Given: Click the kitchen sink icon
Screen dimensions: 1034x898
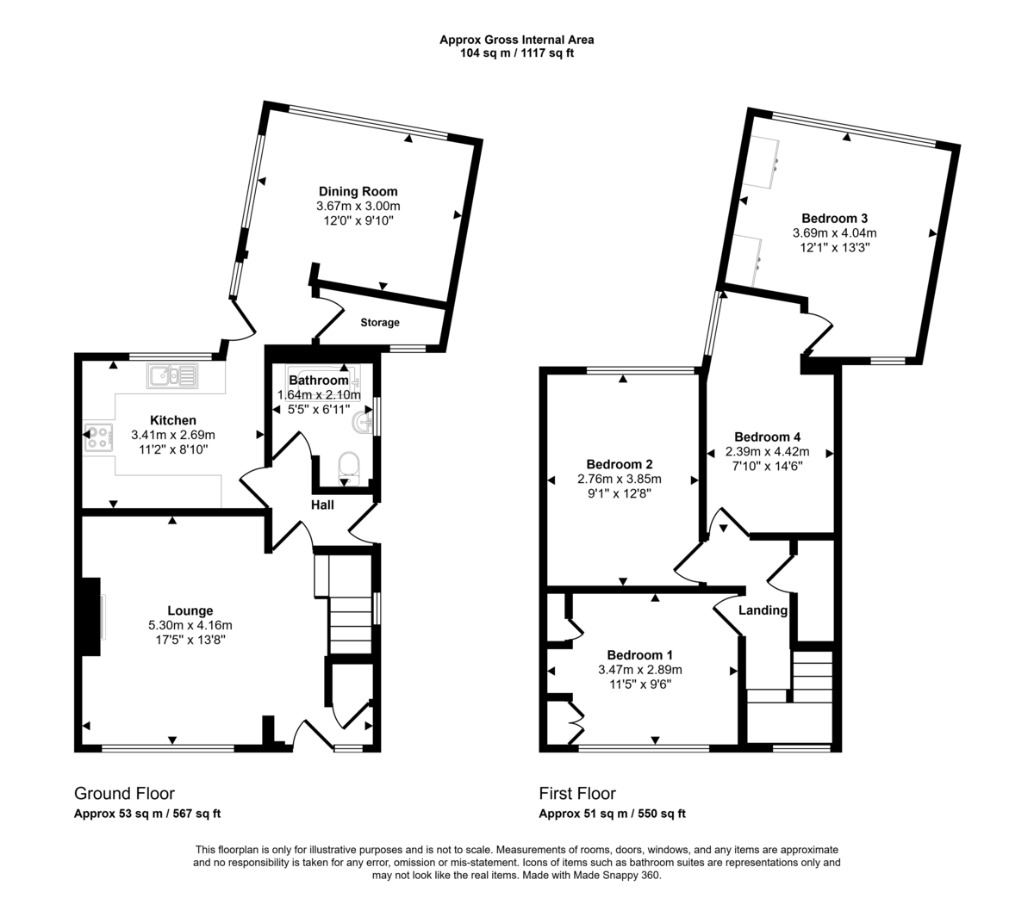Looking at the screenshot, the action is [x=172, y=376].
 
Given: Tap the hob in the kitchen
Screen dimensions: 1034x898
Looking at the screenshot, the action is [x=98, y=437].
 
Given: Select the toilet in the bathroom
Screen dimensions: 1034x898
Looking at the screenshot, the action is [x=349, y=469].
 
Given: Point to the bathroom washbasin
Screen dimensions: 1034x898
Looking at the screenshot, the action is [x=364, y=422].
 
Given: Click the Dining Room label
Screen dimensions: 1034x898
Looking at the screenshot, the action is [x=358, y=191].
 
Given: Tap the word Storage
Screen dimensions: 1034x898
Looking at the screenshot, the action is [x=380, y=322].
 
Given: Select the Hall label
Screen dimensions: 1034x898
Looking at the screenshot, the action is [x=322, y=505].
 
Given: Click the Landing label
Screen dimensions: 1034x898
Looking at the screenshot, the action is [x=763, y=610].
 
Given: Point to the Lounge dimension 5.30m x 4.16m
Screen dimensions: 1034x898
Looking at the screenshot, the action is [x=190, y=625].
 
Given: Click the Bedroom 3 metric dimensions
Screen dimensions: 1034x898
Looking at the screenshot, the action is [x=834, y=233].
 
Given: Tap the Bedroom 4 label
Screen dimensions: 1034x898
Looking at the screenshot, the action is [x=767, y=437].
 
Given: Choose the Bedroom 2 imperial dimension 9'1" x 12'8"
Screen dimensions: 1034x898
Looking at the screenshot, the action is [x=619, y=493].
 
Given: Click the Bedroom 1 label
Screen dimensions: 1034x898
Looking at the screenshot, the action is [x=640, y=655].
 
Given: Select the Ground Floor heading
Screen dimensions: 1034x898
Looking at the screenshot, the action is [x=124, y=794].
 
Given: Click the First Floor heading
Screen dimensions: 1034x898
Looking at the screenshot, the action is [x=577, y=794].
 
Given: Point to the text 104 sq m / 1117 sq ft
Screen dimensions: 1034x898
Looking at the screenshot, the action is [x=516, y=53].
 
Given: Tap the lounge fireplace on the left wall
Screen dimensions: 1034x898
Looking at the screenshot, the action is [x=91, y=616].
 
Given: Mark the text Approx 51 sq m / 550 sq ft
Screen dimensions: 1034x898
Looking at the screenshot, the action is [x=612, y=814].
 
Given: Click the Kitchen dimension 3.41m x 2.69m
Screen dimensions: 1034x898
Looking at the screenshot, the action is [x=173, y=435].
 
